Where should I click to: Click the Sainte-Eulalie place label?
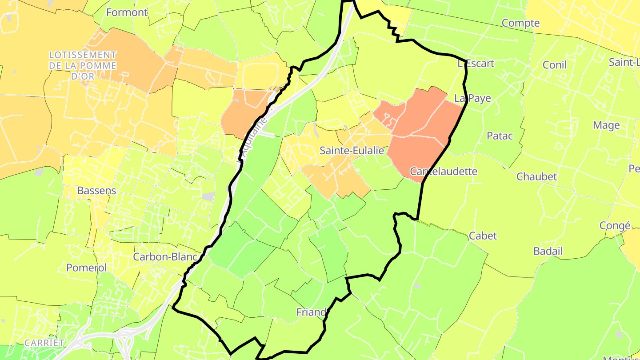[x=352, y=151]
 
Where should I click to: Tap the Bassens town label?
[x=96, y=191]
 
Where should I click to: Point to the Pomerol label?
[x=87, y=268]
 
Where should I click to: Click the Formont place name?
[x=127, y=12]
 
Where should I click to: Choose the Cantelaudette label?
[x=443, y=171]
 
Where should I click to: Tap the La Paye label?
[x=472, y=98]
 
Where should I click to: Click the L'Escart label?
[x=476, y=64]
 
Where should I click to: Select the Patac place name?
[x=500, y=136]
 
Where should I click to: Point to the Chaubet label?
[x=536, y=176]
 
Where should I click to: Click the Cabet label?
[x=483, y=236]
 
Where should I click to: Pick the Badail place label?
[x=548, y=251]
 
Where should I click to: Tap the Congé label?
[x=615, y=225]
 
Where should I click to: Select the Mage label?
[x=606, y=125]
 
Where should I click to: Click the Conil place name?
[x=555, y=65]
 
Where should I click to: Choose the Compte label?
[x=520, y=23]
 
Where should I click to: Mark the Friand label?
[x=312, y=312]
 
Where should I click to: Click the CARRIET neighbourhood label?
[x=44, y=343]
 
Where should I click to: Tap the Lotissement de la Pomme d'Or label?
[x=83, y=65]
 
